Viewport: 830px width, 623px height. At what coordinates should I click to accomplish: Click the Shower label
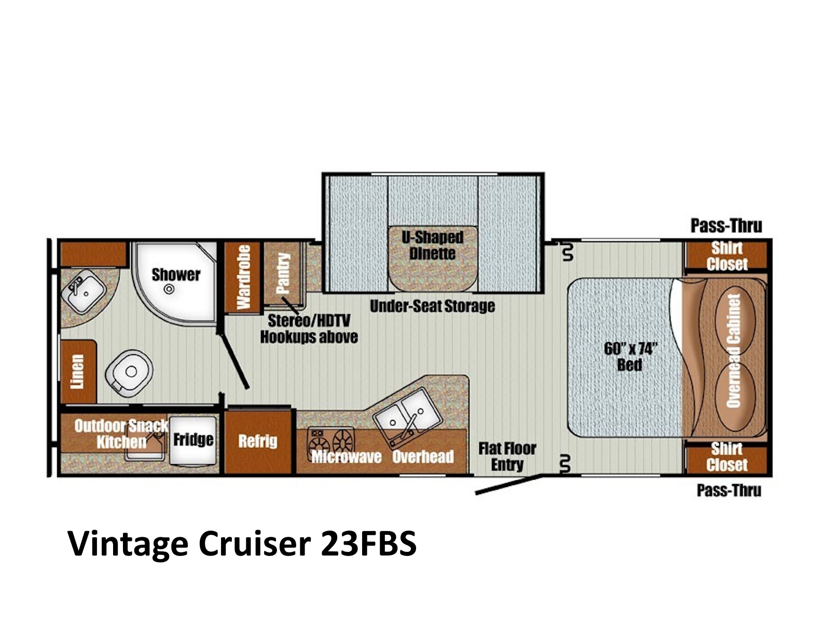coord(176,275)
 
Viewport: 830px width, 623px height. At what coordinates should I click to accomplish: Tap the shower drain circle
coord(169,289)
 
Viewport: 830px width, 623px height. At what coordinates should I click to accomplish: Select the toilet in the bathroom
coord(129,373)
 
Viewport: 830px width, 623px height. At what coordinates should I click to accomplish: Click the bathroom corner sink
coord(83,292)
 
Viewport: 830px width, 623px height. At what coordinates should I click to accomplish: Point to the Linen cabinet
coord(78,371)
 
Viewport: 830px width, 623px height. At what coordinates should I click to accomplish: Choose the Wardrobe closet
coord(243,277)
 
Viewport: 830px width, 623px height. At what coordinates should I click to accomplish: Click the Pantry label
coord(283,273)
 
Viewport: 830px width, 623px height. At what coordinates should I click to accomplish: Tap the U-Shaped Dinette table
coord(433,259)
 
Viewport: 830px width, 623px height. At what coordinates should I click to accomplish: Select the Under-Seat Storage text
coord(432,306)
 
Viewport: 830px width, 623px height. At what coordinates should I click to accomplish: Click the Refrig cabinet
coord(258,441)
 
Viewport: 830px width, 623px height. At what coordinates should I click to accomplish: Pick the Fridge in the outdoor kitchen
coord(193,440)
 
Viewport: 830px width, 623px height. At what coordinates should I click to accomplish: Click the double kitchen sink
coord(407,414)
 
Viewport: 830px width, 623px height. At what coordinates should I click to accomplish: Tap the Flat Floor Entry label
coord(507,456)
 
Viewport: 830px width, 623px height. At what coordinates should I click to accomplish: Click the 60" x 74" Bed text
coord(630,357)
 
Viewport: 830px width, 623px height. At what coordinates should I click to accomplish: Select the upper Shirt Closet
coord(727,256)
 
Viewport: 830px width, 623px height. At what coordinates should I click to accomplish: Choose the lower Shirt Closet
coord(727,457)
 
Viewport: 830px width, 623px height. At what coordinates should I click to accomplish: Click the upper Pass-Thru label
coord(726,226)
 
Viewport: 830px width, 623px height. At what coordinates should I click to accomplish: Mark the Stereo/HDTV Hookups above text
coord(309,329)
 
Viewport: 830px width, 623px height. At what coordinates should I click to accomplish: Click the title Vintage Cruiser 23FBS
coord(242,544)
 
